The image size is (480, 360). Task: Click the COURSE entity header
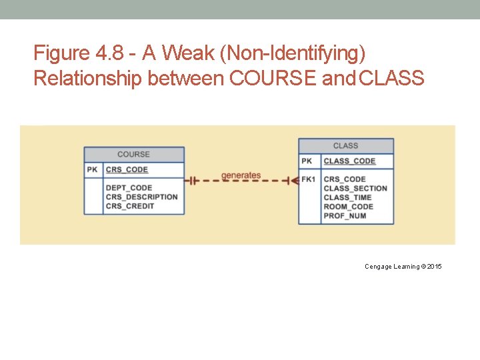pyautogui.click(x=133, y=154)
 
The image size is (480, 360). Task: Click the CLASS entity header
pyautogui.click(x=345, y=145)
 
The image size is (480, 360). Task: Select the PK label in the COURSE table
pyautogui.click(x=93, y=170)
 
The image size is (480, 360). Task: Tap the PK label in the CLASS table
pyautogui.click(x=307, y=161)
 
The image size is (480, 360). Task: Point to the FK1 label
pyautogui.click(x=308, y=179)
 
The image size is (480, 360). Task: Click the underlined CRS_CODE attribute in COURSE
pyautogui.click(x=127, y=170)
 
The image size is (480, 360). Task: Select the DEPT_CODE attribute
pyautogui.click(x=129, y=188)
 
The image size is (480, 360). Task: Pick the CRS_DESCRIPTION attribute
pyautogui.click(x=141, y=197)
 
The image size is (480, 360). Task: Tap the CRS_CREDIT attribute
pyautogui.click(x=129, y=206)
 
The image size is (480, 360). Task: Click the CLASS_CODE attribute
pyautogui.click(x=349, y=161)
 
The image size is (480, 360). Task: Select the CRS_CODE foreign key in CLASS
pyautogui.click(x=344, y=179)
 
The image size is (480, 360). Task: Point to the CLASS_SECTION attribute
pyautogui.click(x=355, y=189)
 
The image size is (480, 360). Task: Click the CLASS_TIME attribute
pyautogui.click(x=347, y=197)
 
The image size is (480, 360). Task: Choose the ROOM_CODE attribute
pyautogui.click(x=348, y=207)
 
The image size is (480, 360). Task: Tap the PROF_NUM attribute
pyautogui.click(x=345, y=215)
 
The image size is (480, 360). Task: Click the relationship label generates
pyautogui.click(x=241, y=175)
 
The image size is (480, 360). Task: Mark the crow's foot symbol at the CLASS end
pyautogui.click(x=290, y=180)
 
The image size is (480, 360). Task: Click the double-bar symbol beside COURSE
pyautogui.click(x=192, y=180)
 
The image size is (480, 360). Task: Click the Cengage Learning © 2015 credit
pyautogui.click(x=403, y=267)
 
